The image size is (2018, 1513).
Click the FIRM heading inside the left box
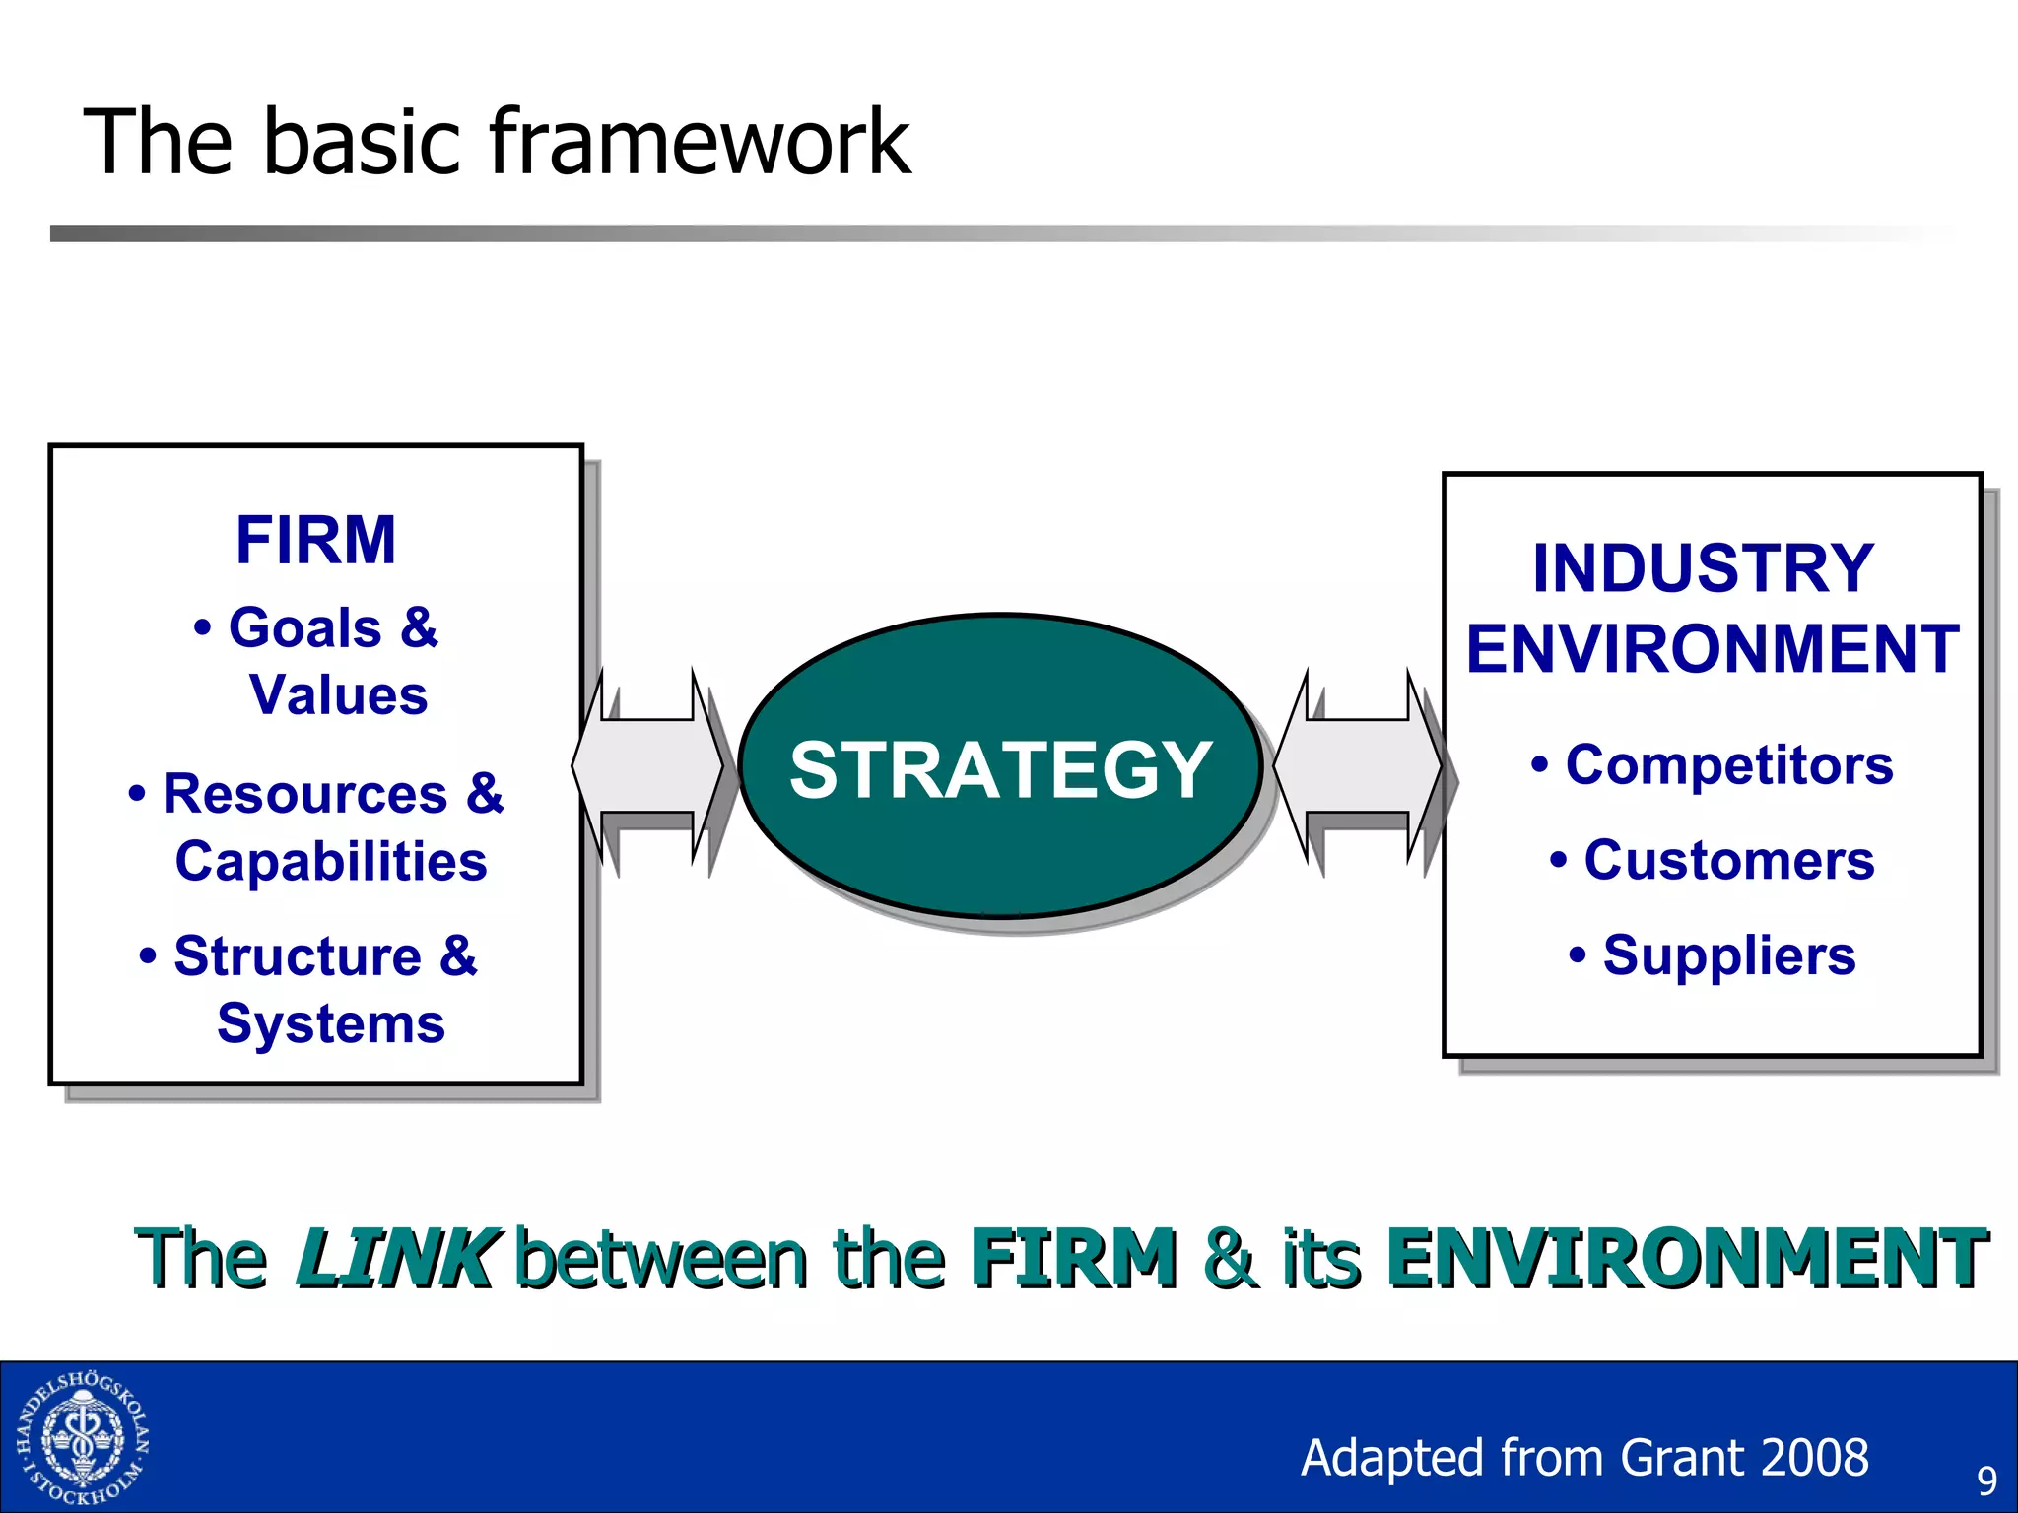pos(315,540)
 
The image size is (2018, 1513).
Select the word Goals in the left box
pos(304,627)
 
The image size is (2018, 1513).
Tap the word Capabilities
pos(331,861)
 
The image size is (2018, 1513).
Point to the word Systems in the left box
pos(331,1022)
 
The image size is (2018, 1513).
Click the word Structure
pos(298,955)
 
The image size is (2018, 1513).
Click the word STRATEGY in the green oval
pos(1000,769)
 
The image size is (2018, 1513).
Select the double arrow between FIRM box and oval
pos(647,765)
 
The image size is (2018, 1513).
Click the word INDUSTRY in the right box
pos(1703,568)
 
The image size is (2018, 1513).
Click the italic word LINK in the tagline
pos(396,1258)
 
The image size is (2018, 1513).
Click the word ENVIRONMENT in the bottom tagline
pos(1686,1258)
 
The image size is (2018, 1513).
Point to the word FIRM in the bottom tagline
pos(1073,1258)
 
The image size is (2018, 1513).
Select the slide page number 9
pos(1986,1480)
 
